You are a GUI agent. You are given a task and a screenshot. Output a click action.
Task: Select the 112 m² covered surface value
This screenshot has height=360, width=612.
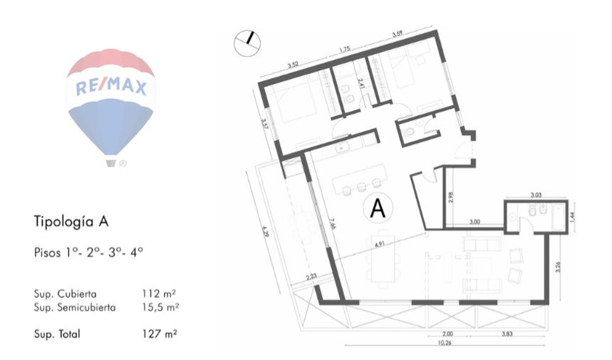159,293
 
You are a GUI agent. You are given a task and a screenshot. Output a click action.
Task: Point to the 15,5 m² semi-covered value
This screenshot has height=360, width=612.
160,307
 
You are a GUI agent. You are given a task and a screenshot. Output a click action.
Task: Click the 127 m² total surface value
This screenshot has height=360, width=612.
160,334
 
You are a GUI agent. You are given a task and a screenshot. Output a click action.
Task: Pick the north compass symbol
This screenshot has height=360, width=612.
247,43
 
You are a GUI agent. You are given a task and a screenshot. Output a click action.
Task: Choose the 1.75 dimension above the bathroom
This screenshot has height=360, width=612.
345,49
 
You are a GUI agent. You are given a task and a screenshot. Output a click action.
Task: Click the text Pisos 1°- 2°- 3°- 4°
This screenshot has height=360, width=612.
89,253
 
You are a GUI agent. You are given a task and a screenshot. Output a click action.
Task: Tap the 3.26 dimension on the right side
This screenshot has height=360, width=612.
557,267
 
